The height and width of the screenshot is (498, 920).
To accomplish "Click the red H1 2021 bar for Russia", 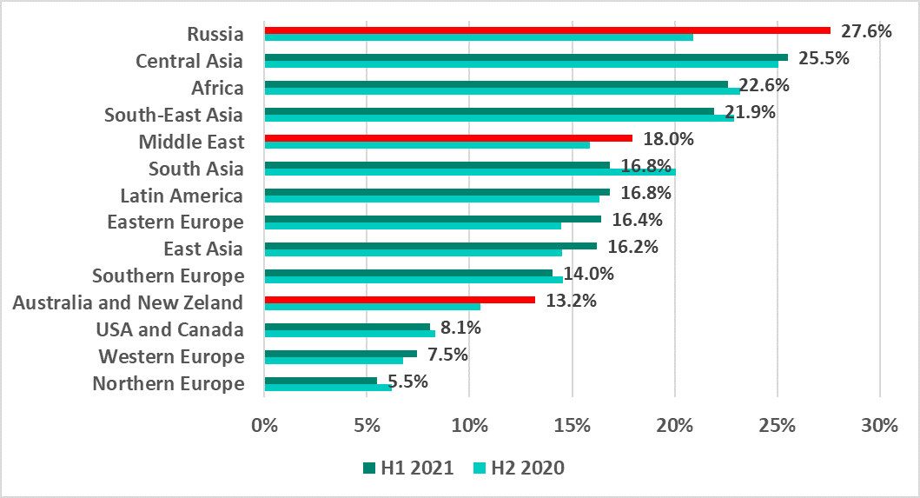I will click(x=547, y=30).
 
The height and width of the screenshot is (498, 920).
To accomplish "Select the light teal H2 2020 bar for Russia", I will click(x=479, y=37).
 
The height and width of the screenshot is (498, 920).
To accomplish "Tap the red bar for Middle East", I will click(x=448, y=138).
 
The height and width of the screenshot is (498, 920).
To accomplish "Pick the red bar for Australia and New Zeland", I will click(x=400, y=300).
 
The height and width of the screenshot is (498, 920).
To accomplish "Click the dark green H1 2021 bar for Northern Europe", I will click(x=321, y=381).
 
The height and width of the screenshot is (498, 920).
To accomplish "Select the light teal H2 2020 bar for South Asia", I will click(x=470, y=172).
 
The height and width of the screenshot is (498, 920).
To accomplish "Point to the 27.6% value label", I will click(x=866, y=31).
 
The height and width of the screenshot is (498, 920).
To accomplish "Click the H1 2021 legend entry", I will click(x=409, y=468).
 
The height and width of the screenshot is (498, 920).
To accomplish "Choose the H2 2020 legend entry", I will click(x=520, y=468).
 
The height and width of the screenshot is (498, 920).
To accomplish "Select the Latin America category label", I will click(x=182, y=195).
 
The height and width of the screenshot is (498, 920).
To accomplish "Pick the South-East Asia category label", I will click(x=174, y=115).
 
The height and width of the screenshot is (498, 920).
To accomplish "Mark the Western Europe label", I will click(x=171, y=356).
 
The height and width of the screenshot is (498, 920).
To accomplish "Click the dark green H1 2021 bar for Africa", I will click(x=496, y=84).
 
